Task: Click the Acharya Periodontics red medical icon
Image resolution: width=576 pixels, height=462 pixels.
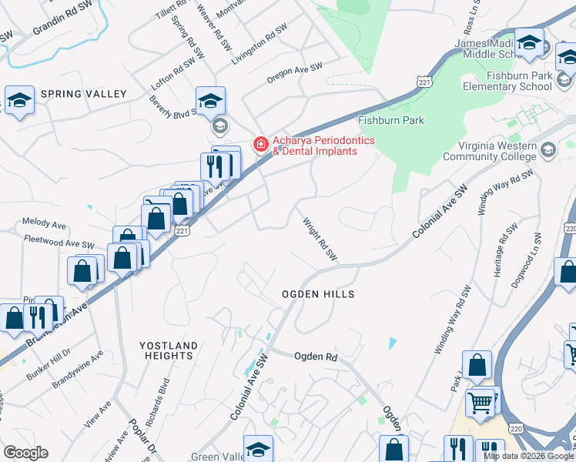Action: pyautogui.click(x=261, y=144)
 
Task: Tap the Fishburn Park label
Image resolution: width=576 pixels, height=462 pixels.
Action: pyautogui.click(x=391, y=121)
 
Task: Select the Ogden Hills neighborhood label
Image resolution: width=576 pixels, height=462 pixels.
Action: pyautogui.click(x=318, y=295)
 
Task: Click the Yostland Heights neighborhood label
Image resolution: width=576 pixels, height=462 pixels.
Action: pyautogui.click(x=168, y=350)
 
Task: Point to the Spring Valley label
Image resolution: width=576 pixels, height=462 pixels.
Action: pyautogui.click(x=83, y=94)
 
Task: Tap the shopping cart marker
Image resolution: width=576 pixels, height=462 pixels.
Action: pyautogui.click(x=481, y=402)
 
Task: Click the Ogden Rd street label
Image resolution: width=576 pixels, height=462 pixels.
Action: pyautogui.click(x=316, y=357)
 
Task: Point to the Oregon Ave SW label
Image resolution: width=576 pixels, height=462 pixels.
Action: pyautogui.click(x=294, y=73)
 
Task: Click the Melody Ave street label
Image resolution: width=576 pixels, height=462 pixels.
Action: pyautogui.click(x=45, y=224)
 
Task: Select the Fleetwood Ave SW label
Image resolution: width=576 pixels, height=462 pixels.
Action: pyautogui.click(x=58, y=243)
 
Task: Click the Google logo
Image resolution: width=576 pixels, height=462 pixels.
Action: pyautogui.click(x=25, y=453)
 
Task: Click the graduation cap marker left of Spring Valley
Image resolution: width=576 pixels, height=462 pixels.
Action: pyautogui.click(x=19, y=100)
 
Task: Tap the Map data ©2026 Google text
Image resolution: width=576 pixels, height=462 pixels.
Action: pyautogui.click(x=528, y=456)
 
